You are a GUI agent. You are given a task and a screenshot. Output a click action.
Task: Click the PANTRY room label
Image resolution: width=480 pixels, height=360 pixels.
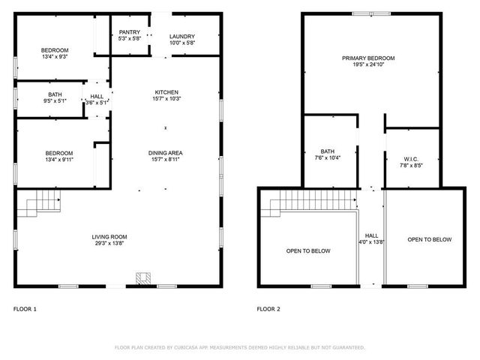click(x=130, y=33)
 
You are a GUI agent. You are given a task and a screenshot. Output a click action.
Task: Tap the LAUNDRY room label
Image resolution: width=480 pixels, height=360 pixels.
click(x=182, y=36)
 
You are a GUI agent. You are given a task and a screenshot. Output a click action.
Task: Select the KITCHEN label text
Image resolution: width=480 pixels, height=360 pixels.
click(x=166, y=91)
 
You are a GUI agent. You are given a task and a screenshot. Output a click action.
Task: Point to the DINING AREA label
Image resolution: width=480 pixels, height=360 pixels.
click(x=166, y=153)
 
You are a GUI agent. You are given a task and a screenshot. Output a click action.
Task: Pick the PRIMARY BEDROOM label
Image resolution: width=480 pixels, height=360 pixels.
click(x=368, y=58)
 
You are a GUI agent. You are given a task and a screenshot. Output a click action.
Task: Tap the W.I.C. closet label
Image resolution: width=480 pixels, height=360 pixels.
click(x=410, y=158)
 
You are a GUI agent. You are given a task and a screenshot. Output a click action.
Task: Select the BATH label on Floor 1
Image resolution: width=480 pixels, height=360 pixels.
click(x=55, y=94)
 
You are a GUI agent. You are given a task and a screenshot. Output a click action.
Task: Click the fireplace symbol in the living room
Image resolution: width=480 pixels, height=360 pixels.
click(x=142, y=278)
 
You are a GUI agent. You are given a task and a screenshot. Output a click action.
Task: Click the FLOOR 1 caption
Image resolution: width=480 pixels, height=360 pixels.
click(x=25, y=308)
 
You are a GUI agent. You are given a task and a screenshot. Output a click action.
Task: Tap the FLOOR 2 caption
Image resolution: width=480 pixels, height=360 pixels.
click(x=268, y=308)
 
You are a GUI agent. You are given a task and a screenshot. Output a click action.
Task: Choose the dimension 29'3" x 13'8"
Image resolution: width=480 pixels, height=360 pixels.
click(x=109, y=243)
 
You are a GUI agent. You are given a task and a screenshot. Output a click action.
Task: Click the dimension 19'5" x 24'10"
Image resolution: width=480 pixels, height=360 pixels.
click(x=368, y=64)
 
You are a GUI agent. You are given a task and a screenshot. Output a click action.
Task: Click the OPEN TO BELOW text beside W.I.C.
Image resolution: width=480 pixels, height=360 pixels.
click(x=430, y=240)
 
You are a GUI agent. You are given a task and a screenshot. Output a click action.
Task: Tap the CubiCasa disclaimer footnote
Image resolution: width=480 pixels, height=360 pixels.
click(x=239, y=347)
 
